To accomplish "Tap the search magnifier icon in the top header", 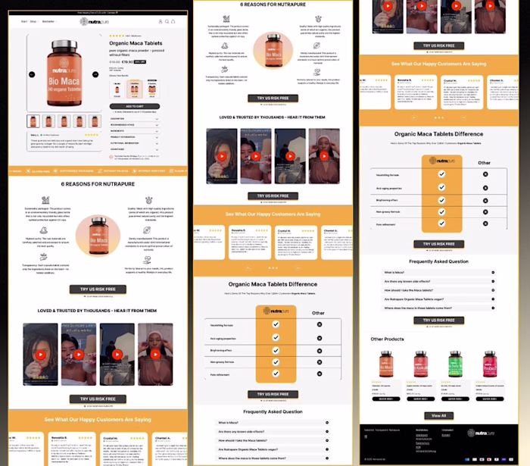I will point(167,21).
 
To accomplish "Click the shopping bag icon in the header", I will point(173,21).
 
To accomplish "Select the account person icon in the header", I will point(160,21).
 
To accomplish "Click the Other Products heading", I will point(387,339).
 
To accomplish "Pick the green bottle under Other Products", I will point(454,364).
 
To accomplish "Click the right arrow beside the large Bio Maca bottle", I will point(95,74).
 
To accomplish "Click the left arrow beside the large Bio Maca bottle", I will point(31,74).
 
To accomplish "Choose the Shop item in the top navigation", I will point(33,21).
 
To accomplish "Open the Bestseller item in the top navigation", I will point(48,21).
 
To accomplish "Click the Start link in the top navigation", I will point(23,21).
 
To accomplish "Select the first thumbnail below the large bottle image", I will point(33,121).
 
